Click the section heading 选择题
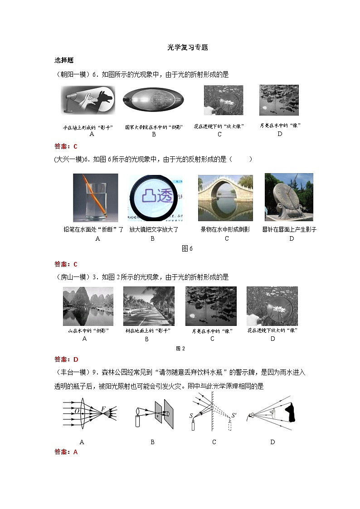click(64, 60)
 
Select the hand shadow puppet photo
click(88, 100)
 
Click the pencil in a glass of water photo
click(95, 197)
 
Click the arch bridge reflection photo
click(225, 198)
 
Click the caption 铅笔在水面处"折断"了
click(94, 229)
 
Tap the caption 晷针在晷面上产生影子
click(289, 229)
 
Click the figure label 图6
click(187, 248)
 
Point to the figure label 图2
click(180, 348)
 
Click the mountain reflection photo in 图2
click(88, 306)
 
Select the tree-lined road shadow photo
click(149, 306)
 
